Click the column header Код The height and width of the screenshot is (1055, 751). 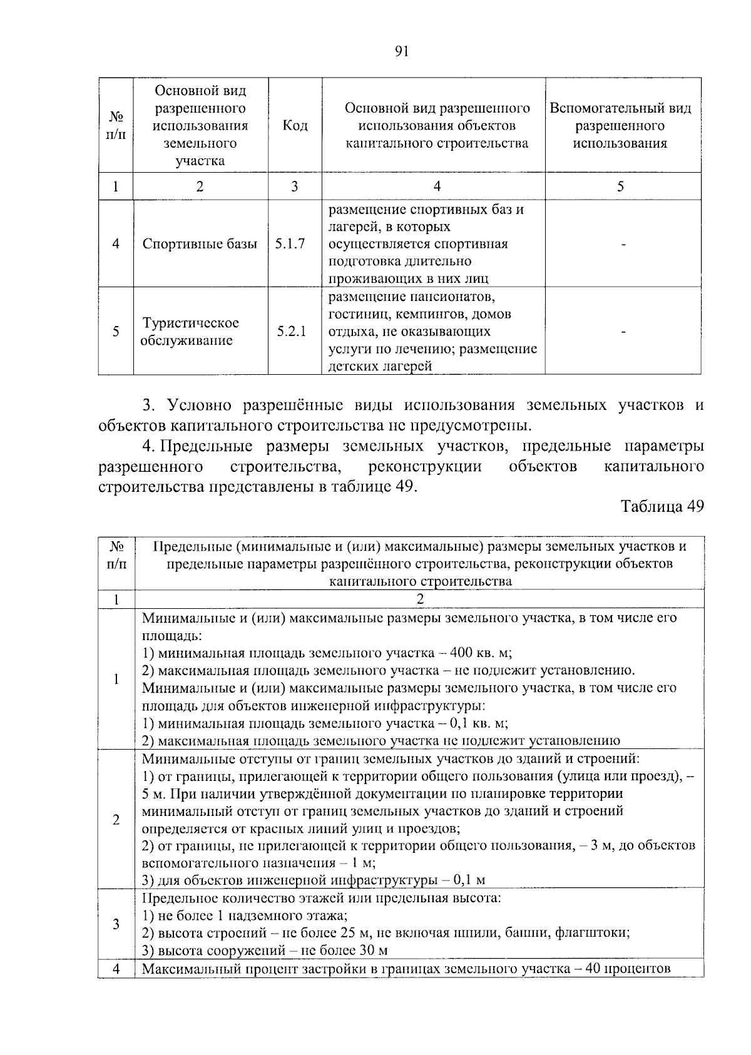coord(295,126)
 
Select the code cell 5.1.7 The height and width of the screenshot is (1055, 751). coord(290,244)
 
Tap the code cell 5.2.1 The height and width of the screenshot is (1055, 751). coord(292,332)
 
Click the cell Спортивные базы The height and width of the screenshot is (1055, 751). coord(200,244)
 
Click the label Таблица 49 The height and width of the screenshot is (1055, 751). coord(662,506)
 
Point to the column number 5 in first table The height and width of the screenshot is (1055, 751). coord(621,186)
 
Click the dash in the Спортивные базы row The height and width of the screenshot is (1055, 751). coord(623,244)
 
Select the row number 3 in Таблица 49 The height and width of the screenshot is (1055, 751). coord(116,924)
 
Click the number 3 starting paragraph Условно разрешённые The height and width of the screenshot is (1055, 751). coord(148,405)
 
